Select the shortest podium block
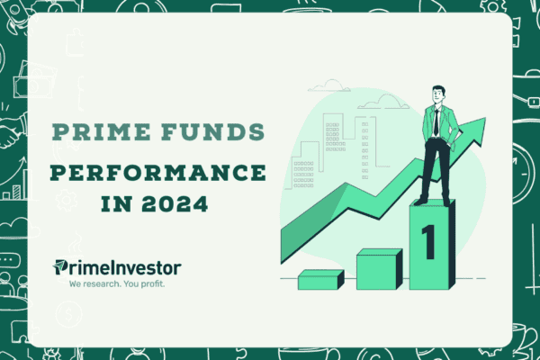(319, 280)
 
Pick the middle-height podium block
(378, 269)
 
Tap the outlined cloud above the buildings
(329, 85)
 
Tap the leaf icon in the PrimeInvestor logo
(61, 266)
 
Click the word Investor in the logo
(134, 267)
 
